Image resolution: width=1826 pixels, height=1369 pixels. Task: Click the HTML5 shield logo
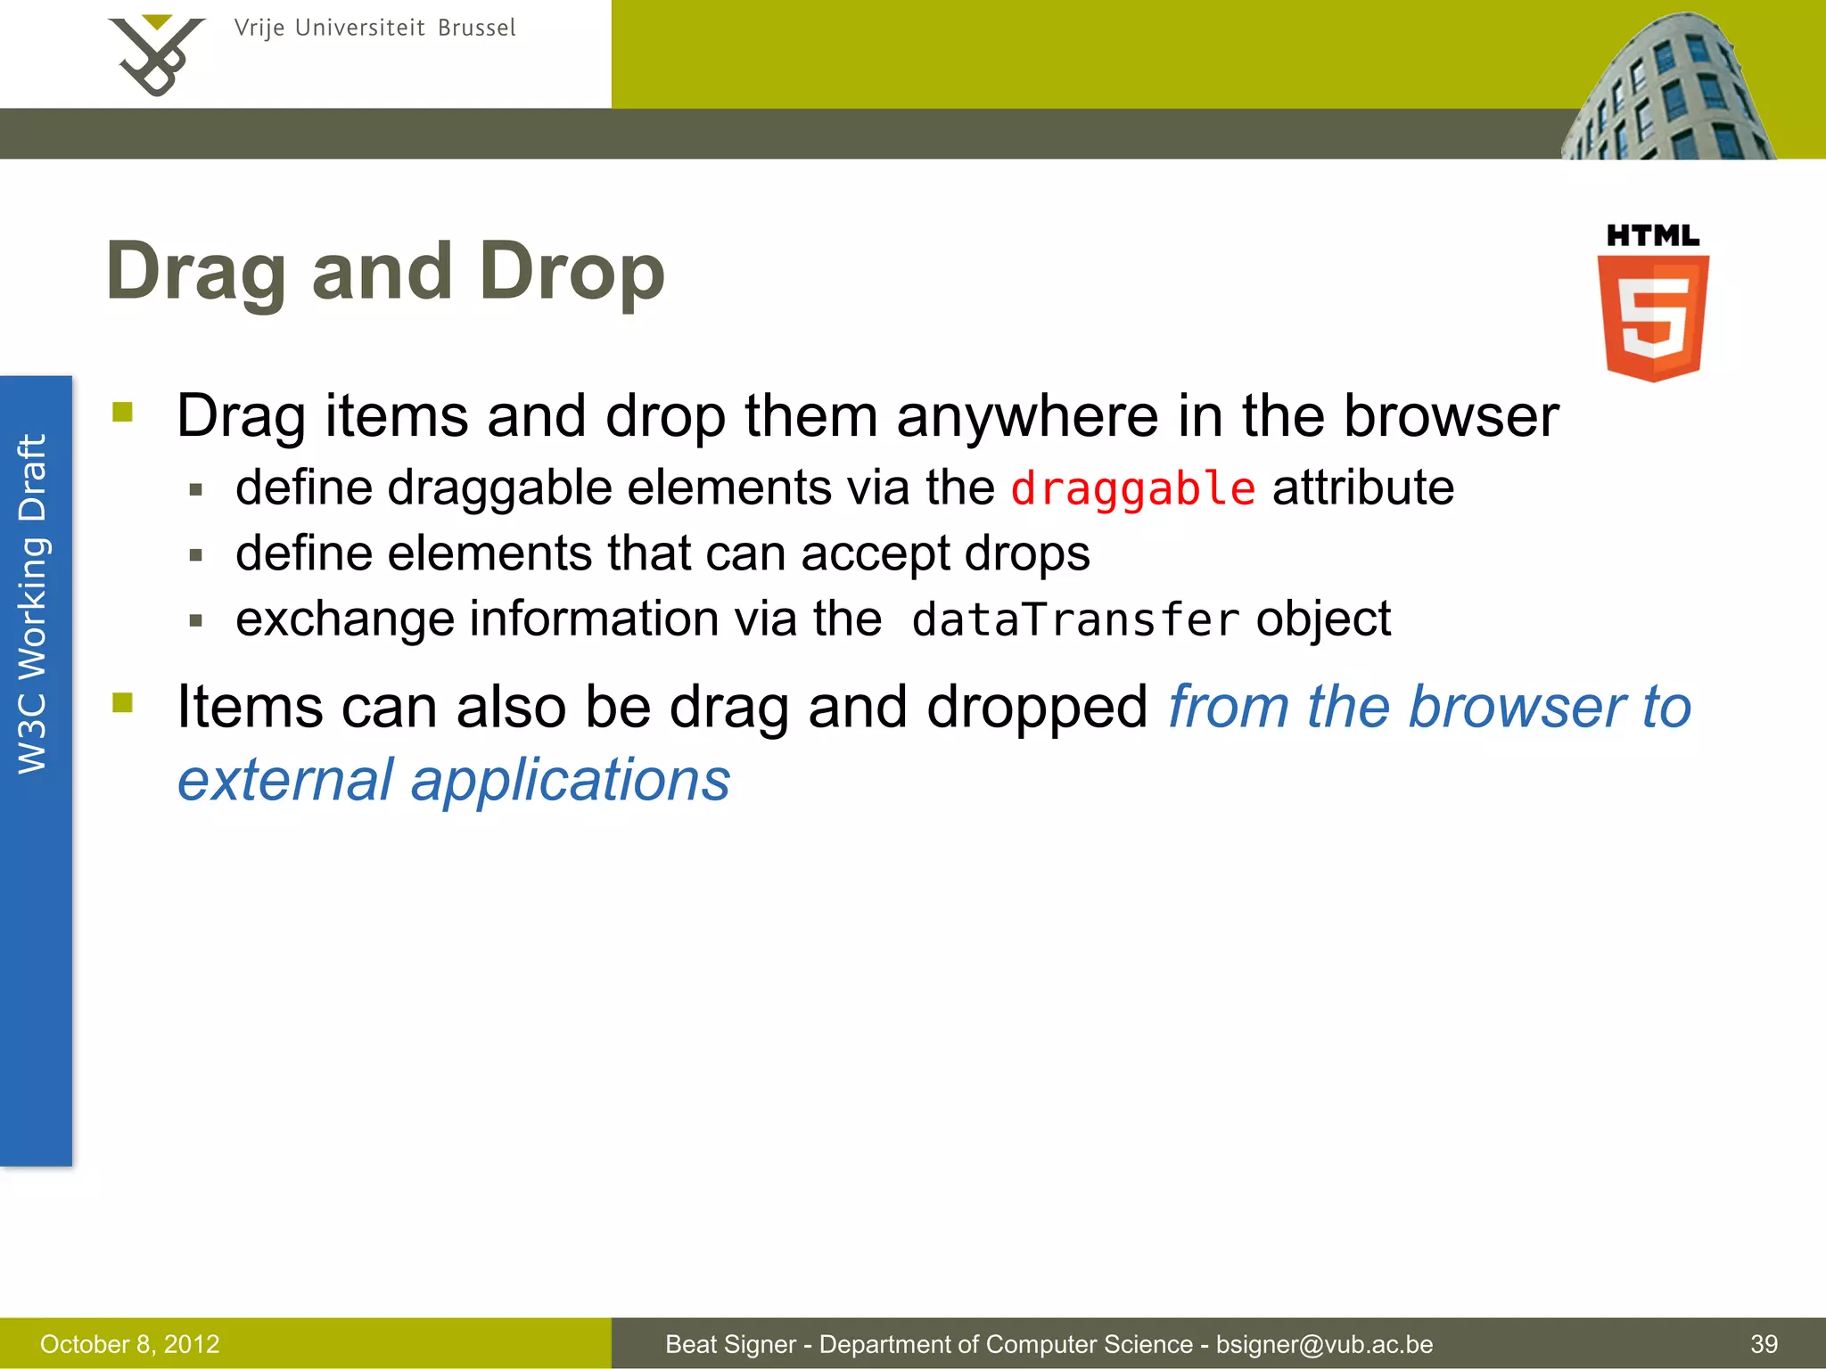click(x=1652, y=317)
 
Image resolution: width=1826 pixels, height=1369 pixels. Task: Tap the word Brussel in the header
click(x=476, y=29)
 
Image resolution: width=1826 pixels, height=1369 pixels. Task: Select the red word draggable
click(x=1132, y=488)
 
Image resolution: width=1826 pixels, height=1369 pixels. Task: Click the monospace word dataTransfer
click(x=1075, y=619)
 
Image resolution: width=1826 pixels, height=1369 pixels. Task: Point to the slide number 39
click(x=1764, y=1344)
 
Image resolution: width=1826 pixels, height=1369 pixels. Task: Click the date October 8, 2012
click(x=130, y=1344)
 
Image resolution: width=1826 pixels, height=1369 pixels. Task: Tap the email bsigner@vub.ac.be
click(x=1324, y=1344)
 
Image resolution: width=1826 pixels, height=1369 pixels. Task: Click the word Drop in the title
click(x=572, y=272)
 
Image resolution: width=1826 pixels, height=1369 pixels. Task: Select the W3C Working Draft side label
click(x=34, y=604)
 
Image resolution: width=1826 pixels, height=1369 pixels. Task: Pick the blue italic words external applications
click(x=454, y=780)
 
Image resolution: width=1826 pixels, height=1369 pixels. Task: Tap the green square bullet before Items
click(x=123, y=704)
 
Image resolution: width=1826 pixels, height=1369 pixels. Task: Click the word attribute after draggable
click(x=1362, y=488)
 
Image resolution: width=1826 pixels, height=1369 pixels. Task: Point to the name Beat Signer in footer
click(x=730, y=1344)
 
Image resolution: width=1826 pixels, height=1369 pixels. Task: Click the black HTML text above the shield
click(x=1652, y=236)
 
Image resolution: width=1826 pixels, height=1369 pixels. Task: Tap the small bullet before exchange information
click(x=196, y=620)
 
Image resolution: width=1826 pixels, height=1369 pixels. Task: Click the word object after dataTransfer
click(x=1323, y=619)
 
